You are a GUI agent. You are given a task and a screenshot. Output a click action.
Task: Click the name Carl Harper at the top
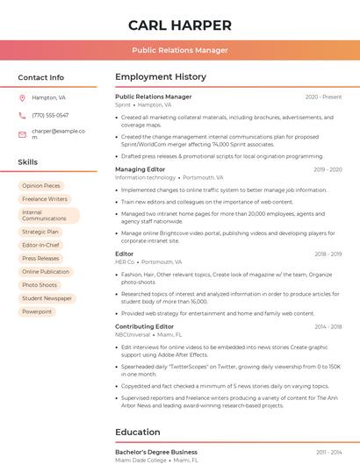[179, 25]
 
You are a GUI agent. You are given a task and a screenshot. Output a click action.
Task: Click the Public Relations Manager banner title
[179, 50]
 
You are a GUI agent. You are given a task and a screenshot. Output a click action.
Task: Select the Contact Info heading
[40, 77]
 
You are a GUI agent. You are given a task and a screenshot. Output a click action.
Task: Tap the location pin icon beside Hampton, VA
[22, 98]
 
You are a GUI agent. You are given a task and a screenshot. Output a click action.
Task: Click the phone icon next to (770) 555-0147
[22, 115]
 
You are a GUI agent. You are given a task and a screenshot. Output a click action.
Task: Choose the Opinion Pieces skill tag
[41, 186]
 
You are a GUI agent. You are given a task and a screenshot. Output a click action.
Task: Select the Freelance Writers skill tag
[45, 199]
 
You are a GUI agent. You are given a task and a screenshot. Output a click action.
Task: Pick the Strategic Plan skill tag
[40, 232]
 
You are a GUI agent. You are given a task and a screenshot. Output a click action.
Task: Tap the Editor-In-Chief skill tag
[41, 246]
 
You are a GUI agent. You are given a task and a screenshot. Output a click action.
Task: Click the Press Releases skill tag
[40, 259]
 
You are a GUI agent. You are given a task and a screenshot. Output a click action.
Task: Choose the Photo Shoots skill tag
[40, 285]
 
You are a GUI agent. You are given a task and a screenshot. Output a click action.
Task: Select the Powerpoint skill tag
[37, 311]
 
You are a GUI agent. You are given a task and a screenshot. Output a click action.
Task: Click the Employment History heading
[161, 77]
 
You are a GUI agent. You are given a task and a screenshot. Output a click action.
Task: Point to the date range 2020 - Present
[323, 97]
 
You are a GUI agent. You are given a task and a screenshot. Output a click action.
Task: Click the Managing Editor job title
[140, 169]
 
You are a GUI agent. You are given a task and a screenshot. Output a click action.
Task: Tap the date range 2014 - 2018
[328, 326]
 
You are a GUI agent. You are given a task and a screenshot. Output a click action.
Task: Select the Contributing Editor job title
[144, 326]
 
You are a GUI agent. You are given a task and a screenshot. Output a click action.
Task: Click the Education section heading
[137, 432]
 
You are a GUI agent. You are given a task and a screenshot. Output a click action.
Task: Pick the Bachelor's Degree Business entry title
[156, 452]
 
